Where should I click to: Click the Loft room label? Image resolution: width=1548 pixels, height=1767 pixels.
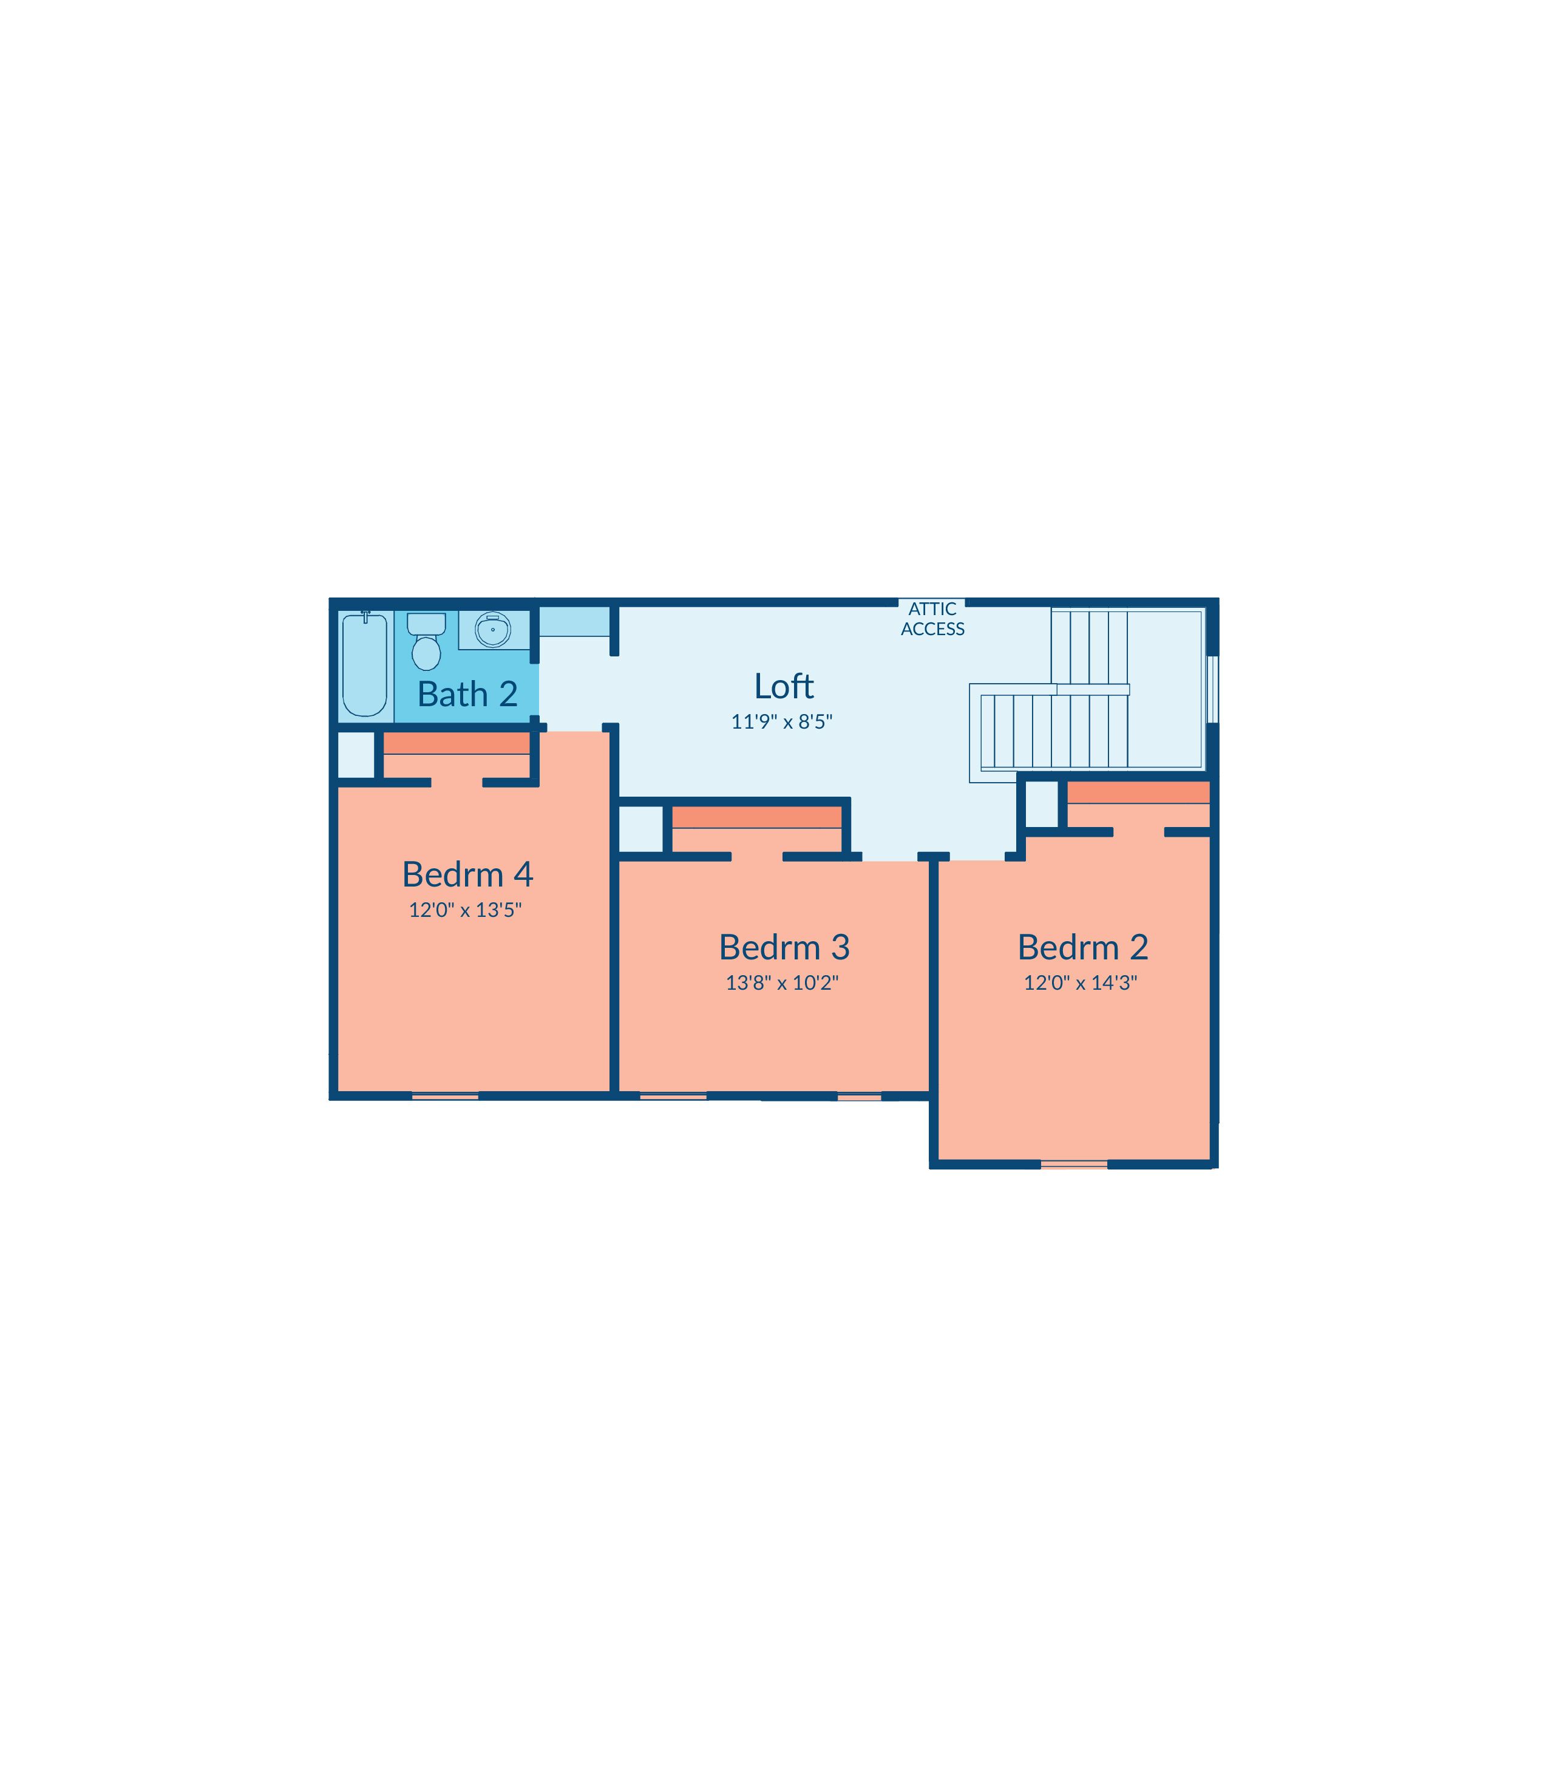click(784, 686)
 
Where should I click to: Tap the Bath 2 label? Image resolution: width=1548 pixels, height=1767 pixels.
click(467, 694)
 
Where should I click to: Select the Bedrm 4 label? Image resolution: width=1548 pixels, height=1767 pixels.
click(467, 874)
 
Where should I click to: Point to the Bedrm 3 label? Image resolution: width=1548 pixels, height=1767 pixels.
click(784, 947)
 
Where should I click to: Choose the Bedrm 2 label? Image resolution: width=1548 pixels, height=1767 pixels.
click(1082, 947)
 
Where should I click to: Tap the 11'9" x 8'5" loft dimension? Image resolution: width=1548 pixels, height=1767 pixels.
click(782, 721)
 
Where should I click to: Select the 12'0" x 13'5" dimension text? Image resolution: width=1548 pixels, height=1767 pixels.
click(466, 910)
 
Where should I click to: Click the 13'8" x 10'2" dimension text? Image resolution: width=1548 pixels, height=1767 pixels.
click(782, 982)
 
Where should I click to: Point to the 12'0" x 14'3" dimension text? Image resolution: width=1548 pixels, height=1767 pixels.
click(1080, 982)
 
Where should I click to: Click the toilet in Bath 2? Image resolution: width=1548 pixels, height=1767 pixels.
click(426, 641)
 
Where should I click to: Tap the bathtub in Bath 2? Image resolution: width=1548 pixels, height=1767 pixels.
click(365, 664)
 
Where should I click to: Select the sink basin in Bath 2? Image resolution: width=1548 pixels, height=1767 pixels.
click(494, 630)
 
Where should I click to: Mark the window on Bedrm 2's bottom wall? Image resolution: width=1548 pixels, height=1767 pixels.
click(1074, 1165)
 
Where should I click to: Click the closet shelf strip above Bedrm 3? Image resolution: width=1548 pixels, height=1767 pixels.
click(757, 817)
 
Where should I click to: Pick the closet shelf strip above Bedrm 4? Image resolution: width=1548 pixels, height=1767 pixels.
click(456, 743)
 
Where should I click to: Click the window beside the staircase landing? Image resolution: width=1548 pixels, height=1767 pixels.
click(1213, 689)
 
